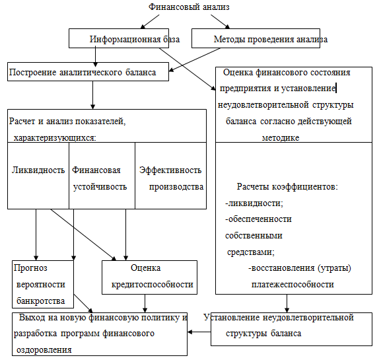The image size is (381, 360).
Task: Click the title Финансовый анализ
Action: (189, 7)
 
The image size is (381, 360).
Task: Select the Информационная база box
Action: (119, 38)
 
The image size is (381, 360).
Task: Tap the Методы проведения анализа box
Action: (256, 38)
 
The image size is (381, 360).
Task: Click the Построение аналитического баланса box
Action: (88, 72)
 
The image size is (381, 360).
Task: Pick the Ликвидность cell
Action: (38, 176)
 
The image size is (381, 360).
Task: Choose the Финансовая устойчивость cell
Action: (102, 176)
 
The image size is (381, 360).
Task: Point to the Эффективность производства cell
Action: (170, 176)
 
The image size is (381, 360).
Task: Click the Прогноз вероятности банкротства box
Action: (43, 284)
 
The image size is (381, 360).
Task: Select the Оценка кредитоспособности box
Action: (149, 277)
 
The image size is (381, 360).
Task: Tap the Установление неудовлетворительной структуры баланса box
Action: (291, 329)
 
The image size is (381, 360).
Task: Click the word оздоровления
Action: (44, 350)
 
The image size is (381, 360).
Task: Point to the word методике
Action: (281, 138)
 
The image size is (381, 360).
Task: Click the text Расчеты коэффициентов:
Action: (287, 187)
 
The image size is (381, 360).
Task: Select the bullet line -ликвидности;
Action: (254, 203)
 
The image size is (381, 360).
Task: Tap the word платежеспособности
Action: (293, 285)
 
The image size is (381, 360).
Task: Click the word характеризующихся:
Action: (55, 138)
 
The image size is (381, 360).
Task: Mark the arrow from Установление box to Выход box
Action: (199, 332)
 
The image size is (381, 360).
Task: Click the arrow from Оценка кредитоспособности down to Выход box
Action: (145, 304)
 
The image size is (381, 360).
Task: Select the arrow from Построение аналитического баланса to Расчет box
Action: (92, 95)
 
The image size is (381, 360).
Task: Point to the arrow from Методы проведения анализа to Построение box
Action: (194, 60)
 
